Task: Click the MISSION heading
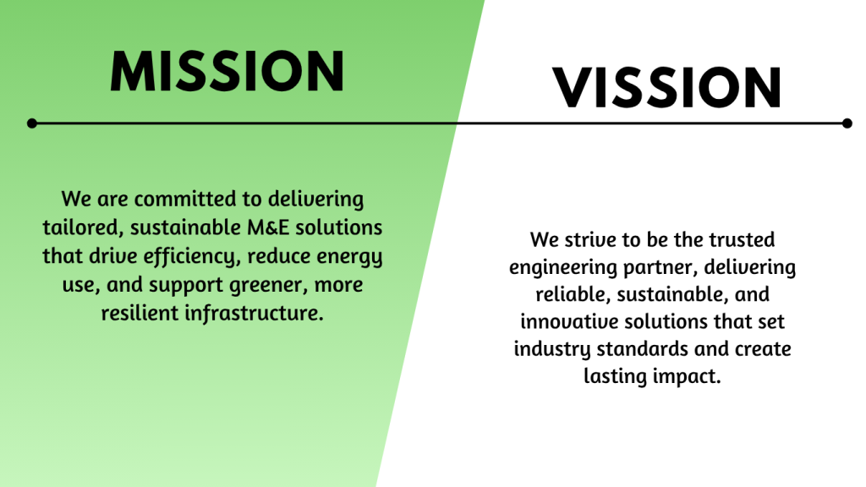[x=227, y=71]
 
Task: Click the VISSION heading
[x=667, y=87]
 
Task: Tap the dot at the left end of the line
[x=32, y=123]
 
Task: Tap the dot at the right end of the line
[x=847, y=123]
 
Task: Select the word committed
[x=186, y=199]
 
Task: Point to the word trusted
[x=742, y=239]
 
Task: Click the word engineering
[x=562, y=268]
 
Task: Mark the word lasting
[x=616, y=376]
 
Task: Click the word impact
[x=687, y=376]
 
